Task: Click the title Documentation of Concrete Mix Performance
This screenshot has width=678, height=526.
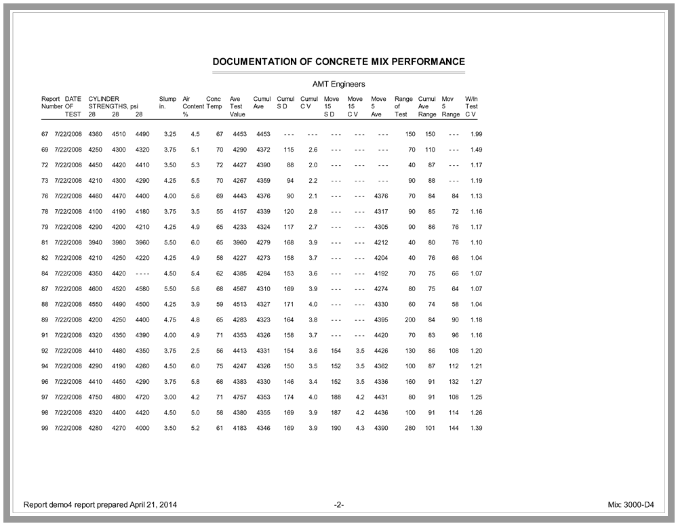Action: pyautogui.click(x=338, y=62)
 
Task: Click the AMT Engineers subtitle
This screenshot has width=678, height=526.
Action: pyautogui.click(x=338, y=84)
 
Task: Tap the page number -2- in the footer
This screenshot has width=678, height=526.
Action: pyautogui.click(x=339, y=505)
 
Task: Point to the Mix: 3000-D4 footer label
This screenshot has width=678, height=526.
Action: pyautogui.click(x=631, y=505)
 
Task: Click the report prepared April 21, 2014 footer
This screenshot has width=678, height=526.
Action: pyautogui.click(x=102, y=505)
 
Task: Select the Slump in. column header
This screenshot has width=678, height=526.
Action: pyautogui.click(x=167, y=102)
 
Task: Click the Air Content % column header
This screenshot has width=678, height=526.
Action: pyautogui.click(x=192, y=106)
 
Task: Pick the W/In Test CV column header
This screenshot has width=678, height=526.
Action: pyautogui.click(x=472, y=106)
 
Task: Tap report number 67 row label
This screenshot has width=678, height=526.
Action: pyautogui.click(x=45, y=134)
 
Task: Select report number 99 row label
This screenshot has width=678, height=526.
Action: pyautogui.click(x=45, y=429)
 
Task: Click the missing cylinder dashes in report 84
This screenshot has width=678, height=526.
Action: pyautogui.click(x=142, y=273)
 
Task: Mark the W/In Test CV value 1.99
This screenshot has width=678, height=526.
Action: pyautogui.click(x=476, y=134)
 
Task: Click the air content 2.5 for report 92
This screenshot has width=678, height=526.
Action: pyautogui.click(x=195, y=351)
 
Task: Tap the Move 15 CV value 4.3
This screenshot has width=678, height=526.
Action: pyautogui.click(x=360, y=429)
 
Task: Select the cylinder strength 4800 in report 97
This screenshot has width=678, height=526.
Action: pyautogui.click(x=119, y=397)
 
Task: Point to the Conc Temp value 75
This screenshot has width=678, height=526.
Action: pyautogui.click(x=219, y=366)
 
